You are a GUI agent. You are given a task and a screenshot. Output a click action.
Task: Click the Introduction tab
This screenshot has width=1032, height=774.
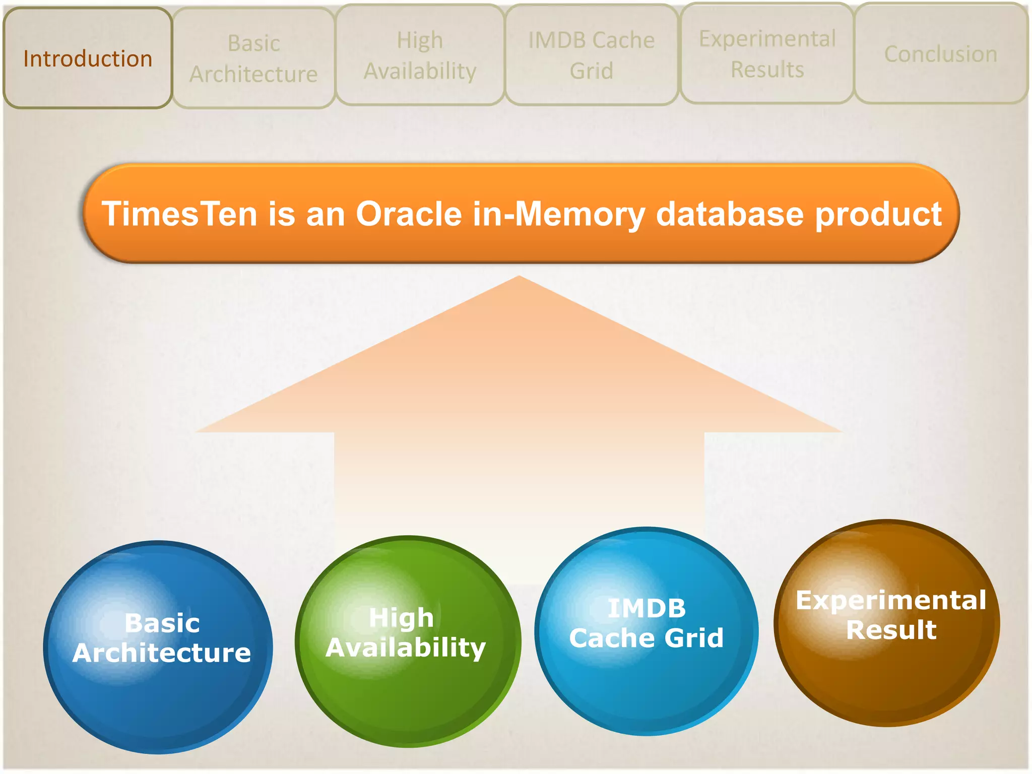coord(88,58)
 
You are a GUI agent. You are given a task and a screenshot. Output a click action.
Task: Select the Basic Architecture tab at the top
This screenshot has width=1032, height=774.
coord(253,58)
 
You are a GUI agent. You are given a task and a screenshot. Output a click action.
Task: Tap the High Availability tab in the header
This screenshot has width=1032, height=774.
coord(420,55)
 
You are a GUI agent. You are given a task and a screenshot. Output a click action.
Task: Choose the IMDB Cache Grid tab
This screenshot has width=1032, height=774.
coord(591,55)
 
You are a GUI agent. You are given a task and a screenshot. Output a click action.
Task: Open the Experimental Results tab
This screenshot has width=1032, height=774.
coord(767,54)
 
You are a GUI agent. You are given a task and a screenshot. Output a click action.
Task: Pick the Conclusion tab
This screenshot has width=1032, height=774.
coord(941,54)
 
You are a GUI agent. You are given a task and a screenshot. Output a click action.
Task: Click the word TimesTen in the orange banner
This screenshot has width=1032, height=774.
coord(179,214)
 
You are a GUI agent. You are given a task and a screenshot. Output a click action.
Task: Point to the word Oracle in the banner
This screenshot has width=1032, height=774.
coord(409,214)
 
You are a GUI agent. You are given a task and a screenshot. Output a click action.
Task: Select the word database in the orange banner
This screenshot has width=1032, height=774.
coord(729,214)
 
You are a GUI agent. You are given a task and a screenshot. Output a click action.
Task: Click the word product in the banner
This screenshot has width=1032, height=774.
coord(878,215)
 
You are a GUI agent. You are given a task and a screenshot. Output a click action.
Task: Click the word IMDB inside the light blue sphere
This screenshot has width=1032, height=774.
coord(647,608)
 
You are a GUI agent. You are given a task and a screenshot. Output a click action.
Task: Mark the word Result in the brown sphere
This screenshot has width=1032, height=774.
coord(891,630)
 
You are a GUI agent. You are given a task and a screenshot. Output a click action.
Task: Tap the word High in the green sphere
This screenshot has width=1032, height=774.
coord(401,618)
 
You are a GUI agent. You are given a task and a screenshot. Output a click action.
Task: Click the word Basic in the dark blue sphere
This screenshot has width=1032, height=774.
coord(162,623)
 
